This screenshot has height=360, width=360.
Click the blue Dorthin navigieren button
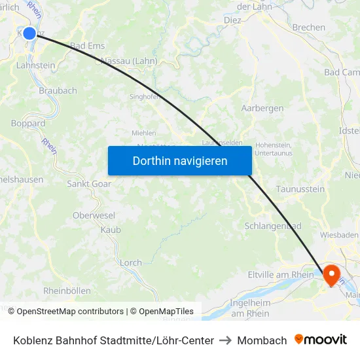coord(180,160)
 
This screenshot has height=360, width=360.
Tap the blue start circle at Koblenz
coord(29,33)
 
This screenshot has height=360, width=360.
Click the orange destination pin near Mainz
coord(332,275)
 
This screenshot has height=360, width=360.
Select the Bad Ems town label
coord(88,46)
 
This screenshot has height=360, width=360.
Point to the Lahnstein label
coord(35,65)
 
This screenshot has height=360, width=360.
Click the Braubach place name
coord(58,91)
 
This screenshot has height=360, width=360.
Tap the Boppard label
coord(28,123)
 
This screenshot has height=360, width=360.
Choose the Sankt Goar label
coord(89,184)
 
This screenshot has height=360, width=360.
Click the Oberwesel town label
coord(94,215)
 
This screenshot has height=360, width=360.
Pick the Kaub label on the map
coord(111,230)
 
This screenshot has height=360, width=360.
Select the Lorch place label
coord(131,262)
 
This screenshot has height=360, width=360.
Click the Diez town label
coord(232,20)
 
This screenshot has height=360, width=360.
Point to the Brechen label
coord(309,27)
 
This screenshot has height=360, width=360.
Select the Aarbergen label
coord(262,108)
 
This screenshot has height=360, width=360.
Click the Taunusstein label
coord(300,189)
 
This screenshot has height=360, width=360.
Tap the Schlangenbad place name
coord(273,226)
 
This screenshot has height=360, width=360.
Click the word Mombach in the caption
coord(262,340)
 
